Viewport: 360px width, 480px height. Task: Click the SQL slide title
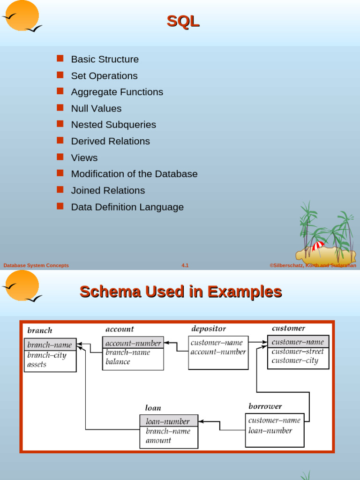click(183, 21)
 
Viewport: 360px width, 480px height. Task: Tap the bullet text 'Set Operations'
click(104, 76)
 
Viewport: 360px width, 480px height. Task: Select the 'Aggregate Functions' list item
click(117, 92)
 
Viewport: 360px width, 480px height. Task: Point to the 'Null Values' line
click(96, 109)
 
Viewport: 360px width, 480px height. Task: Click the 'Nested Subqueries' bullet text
click(113, 125)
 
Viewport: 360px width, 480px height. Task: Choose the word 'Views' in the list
click(84, 158)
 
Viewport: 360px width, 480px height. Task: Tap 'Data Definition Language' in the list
click(127, 207)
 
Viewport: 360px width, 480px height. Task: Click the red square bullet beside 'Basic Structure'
click(60, 59)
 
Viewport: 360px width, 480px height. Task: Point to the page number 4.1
click(185, 265)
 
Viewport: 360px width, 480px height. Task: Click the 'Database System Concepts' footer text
click(36, 265)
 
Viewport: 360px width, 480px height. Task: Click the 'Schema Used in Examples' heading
click(180, 292)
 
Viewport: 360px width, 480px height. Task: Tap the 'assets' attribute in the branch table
click(37, 365)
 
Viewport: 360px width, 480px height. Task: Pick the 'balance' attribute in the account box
click(118, 362)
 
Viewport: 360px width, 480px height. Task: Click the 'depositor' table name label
click(209, 329)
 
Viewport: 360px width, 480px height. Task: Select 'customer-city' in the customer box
click(295, 360)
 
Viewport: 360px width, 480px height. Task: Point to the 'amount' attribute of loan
click(158, 441)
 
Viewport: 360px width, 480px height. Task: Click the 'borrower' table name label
click(265, 406)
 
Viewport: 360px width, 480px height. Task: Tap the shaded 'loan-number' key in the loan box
click(168, 421)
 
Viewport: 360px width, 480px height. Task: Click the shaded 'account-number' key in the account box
click(133, 343)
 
